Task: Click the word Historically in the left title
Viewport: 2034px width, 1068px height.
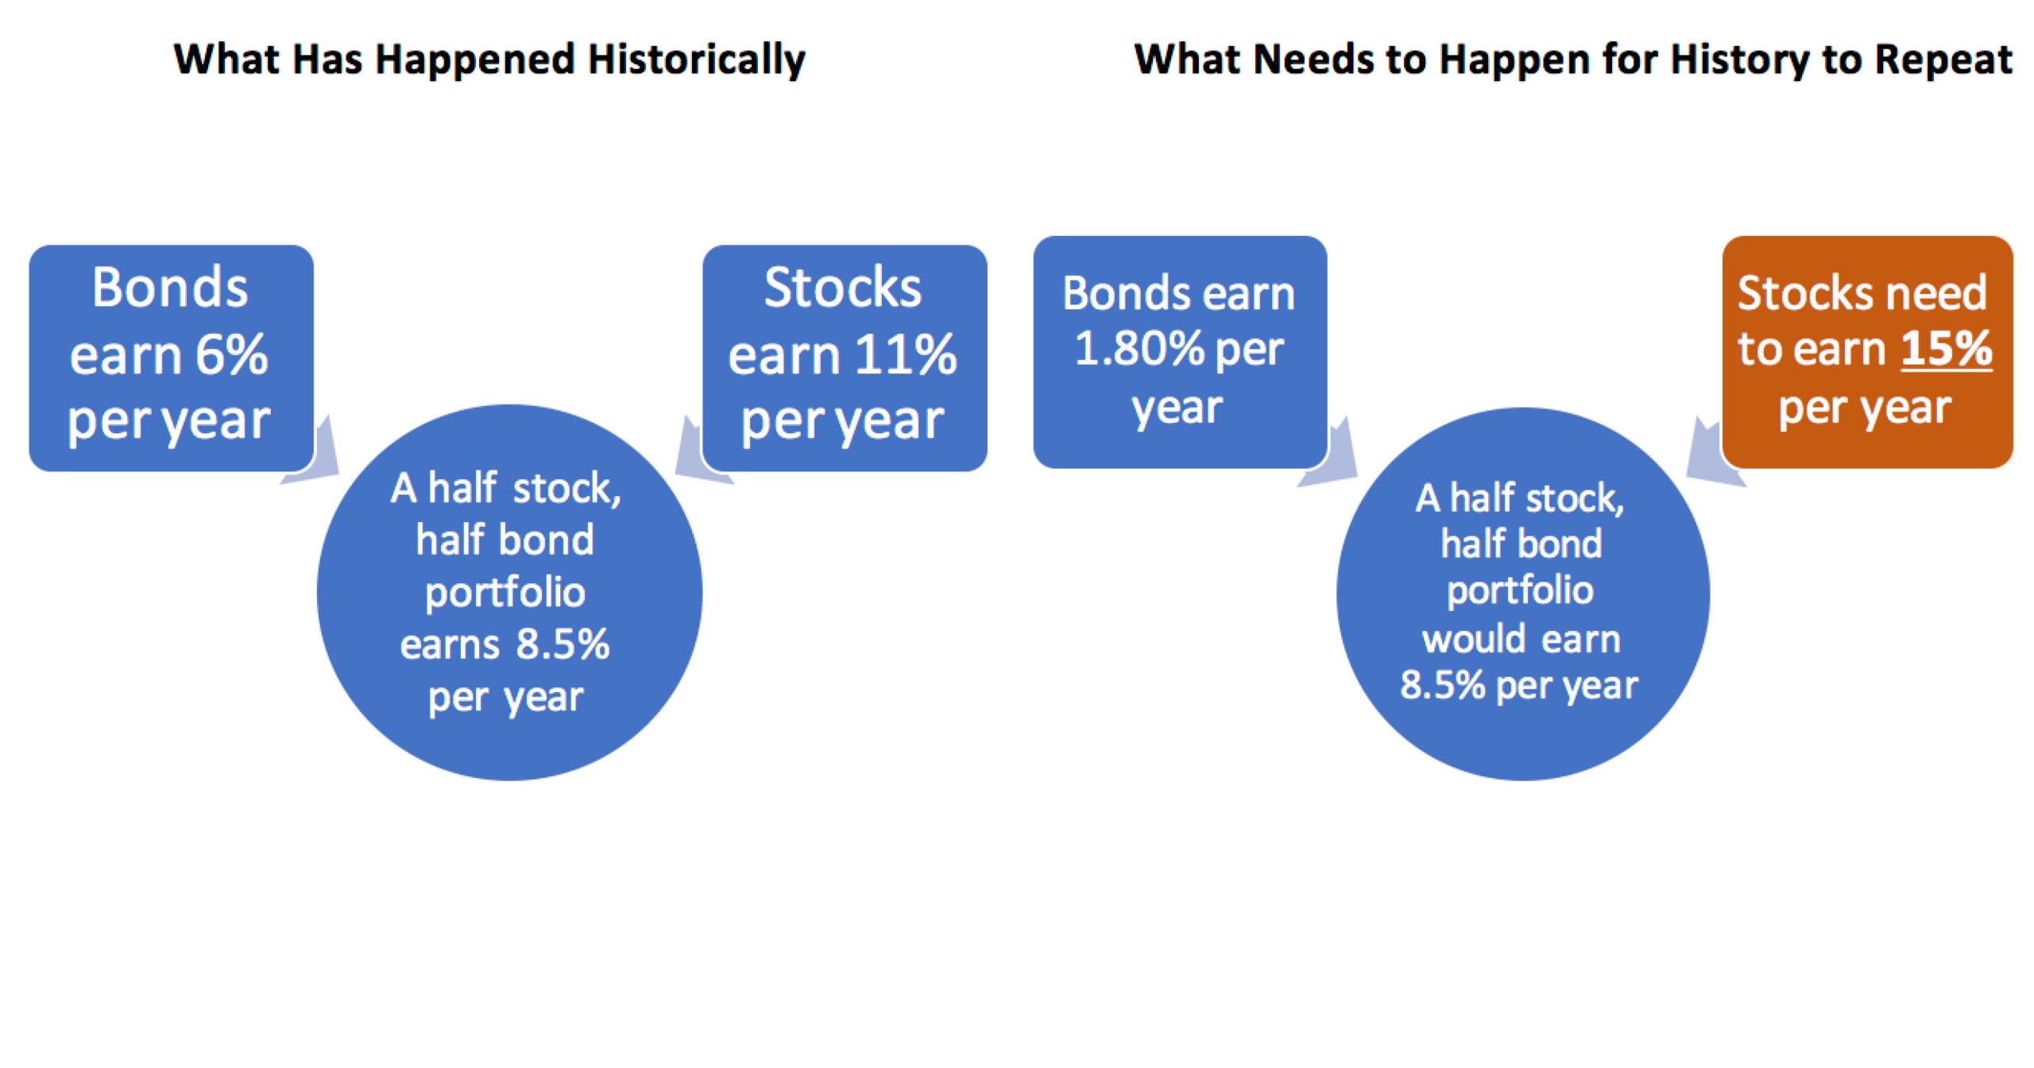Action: click(696, 60)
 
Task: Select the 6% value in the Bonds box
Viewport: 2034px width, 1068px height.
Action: click(231, 354)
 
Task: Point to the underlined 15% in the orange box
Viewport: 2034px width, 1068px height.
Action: click(1947, 348)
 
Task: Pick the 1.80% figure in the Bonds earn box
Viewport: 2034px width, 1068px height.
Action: click(1139, 348)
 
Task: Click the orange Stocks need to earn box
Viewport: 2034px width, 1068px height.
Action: click(1867, 352)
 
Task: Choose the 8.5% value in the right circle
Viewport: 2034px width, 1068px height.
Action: click(1442, 685)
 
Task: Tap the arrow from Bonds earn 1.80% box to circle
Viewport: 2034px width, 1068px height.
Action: click(1332, 456)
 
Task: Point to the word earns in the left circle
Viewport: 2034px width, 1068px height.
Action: click(450, 644)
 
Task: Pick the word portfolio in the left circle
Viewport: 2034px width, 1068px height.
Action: click(505, 593)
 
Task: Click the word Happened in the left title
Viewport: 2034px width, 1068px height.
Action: click(474, 60)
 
